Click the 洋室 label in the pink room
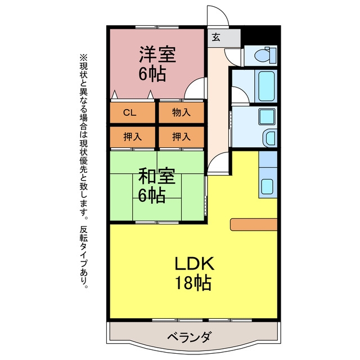click(x=157, y=54)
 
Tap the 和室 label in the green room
click(x=157, y=176)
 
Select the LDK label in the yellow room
click(x=195, y=264)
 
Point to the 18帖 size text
click(x=193, y=283)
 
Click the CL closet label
click(x=130, y=112)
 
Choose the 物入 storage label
click(x=181, y=112)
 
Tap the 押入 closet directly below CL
click(x=133, y=137)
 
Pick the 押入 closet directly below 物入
click(x=181, y=137)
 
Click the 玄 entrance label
click(x=216, y=37)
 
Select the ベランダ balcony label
click(x=188, y=337)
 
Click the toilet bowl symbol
click(x=265, y=55)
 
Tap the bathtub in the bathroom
click(x=267, y=86)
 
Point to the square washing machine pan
click(x=267, y=116)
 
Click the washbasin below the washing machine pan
click(x=270, y=138)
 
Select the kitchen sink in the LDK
click(x=268, y=186)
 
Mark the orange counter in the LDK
click(x=254, y=224)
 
